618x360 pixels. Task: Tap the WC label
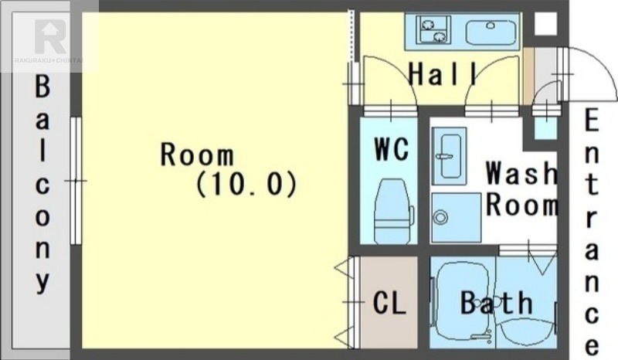pyautogui.click(x=392, y=149)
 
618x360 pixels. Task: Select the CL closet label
pyautogui.click(x=389, y=302)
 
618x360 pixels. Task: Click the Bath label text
pyautogui.click(x=497, y=302)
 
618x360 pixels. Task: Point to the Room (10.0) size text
pyautogui.click(x=229, y=169)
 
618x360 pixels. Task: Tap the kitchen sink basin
pyautogui.click(x=491, y=32)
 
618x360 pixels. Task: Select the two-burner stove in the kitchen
pyautogui.click(x=433, y=29)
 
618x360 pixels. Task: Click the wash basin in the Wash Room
pyautogui.click(x=450, y=156)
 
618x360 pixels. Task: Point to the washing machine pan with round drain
pyautogui.click(x=456, y=217)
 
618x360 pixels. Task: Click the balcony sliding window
pyautogui.click(x=75, y=181)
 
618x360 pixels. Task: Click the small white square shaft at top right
pyautogui.click(x=545, y=23)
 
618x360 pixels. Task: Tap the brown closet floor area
pyautogui.click(x=389, y=302)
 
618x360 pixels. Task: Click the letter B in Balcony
pyautogui.click(x=42, y=87)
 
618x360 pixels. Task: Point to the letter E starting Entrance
pyautogui.click(x=592, y=121)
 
